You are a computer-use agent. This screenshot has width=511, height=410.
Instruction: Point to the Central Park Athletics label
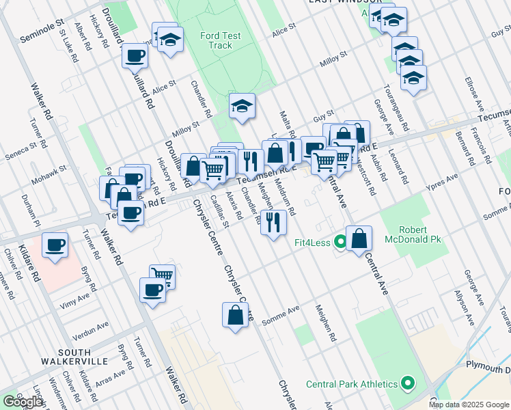click(x=352, y=384)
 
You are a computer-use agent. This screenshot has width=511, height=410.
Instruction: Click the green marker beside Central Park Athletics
click(x=409, y=384)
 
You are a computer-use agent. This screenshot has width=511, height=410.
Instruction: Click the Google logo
click(x=23, y=402)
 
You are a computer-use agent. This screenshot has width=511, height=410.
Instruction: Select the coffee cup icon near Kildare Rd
click(x=55, y=245)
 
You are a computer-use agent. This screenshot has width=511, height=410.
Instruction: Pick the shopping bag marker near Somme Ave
click(x=235, y=316)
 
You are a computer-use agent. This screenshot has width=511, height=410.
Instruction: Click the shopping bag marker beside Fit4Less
click(x=359, y=239)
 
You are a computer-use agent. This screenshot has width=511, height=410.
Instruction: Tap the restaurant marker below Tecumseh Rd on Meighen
click(x=273, y=223)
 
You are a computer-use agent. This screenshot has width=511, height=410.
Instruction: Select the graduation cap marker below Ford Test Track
click(x=242, y=107)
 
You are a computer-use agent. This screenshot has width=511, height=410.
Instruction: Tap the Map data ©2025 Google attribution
click(x=469, y=405)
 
